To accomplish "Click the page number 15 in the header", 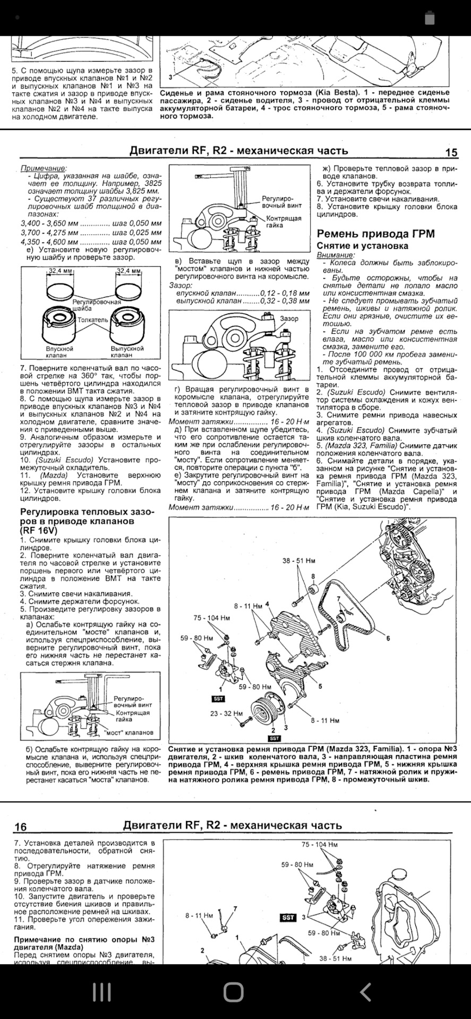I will (x=450, y=153).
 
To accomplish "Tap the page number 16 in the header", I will (x=20, y=827).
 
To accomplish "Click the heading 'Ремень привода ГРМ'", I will (x=375, y=234).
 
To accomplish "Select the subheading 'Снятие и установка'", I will (x=362, y=246).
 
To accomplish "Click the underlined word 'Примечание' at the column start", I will (x=44, y=168).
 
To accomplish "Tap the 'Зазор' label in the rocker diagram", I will (x=289, y=318).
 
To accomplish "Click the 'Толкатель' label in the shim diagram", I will (x=92, y=320).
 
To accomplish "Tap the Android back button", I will (x=365, y=991).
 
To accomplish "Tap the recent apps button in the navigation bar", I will (x=101, y=991).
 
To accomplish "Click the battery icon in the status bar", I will (x=430, y=18).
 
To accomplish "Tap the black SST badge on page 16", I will (x=288, y=918).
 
